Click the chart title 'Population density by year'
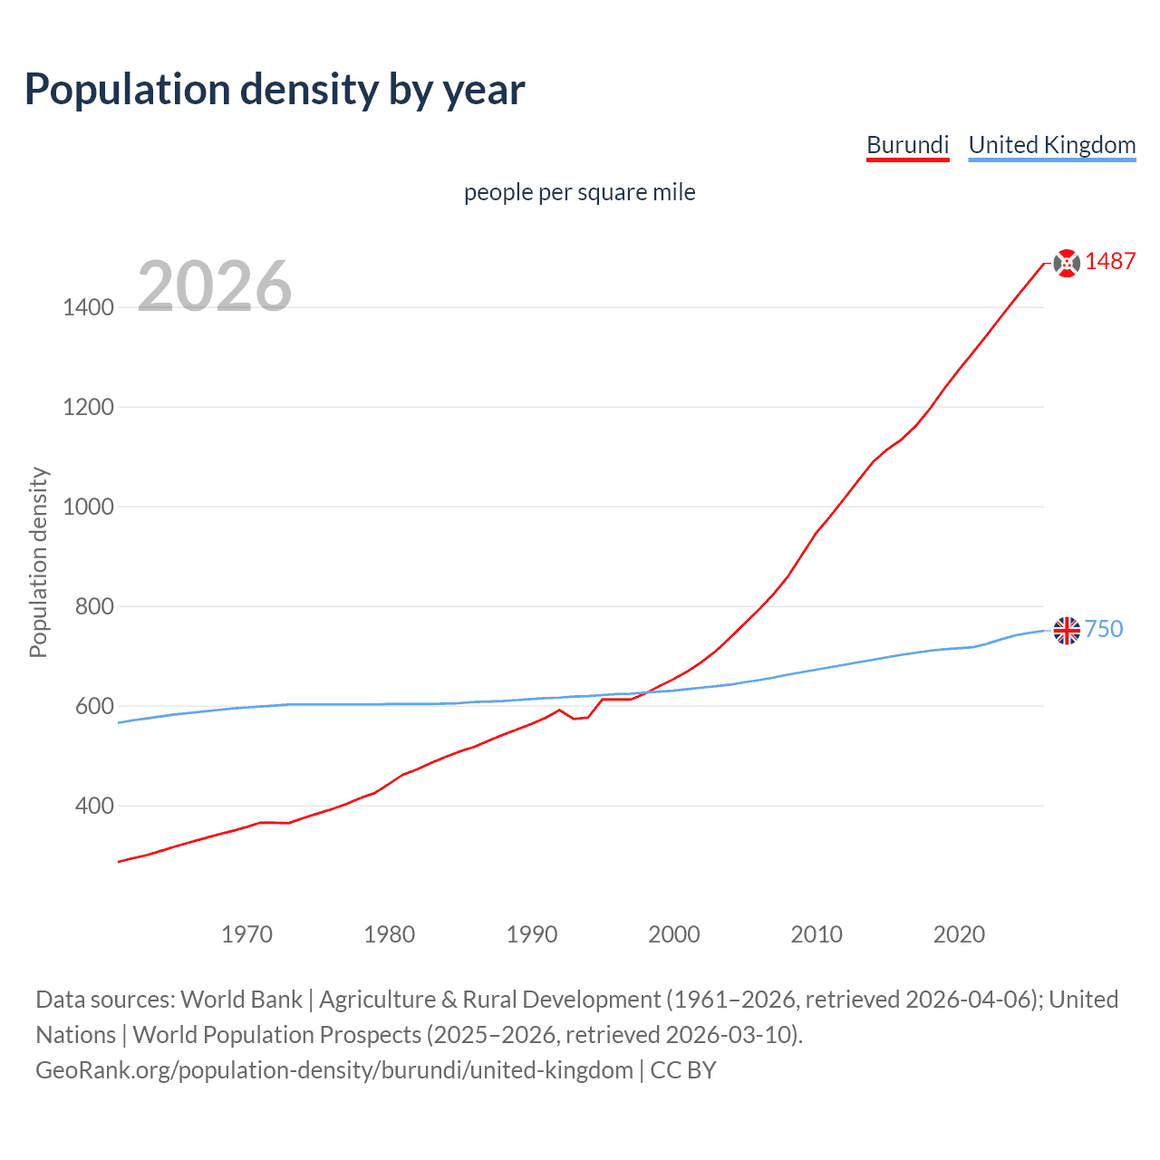pos(275,90)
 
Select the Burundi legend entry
pos(907,145)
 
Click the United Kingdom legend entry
pos(1051,145)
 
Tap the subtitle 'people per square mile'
pos(579,192)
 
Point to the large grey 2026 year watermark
pos(215,286)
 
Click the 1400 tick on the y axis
pos(88,307)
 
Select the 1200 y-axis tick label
pos(88,407)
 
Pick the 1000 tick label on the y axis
pos(88,507)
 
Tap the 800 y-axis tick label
pos(95,606)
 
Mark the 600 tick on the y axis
pos(95,706)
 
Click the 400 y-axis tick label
pos(95,806)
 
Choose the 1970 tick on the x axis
pos(246,934)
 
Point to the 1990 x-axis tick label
pos(532,934)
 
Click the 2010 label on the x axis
pos(817,934)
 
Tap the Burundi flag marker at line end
pos(1067,263)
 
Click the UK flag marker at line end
pos(1067,630)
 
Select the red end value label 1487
pos(1110,261)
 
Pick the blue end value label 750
pos(1104,629)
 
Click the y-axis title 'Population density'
pos(38,562)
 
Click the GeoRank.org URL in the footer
pos(333,1070)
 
